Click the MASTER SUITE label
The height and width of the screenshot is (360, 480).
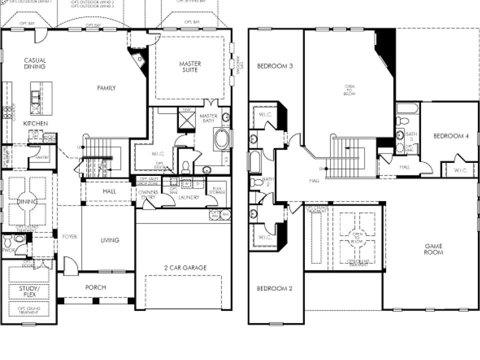click(x=190, y=66)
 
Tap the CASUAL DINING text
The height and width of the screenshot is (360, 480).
click(x=35, y=63)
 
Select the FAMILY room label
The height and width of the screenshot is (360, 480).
click(x=106, y=88)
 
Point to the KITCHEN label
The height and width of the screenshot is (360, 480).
click(x=36, y=123)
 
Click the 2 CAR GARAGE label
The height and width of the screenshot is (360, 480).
click(x=185, y=267)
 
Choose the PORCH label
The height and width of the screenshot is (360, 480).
click(x=95, y=287)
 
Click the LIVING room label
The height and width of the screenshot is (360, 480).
click(x=109, y=240)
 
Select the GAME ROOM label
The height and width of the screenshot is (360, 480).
click(x=434, y=249)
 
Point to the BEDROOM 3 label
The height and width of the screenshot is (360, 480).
click(x=274, y=66)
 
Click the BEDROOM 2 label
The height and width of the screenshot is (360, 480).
click(x=274, y=288)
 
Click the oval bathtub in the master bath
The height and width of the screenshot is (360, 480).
click(x=221, y=139)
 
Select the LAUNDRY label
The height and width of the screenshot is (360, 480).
click(x=189, y=197)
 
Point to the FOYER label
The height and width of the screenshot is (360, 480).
click(x=69, y=236)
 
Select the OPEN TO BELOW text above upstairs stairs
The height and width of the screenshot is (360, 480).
click(x=349, y=90)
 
